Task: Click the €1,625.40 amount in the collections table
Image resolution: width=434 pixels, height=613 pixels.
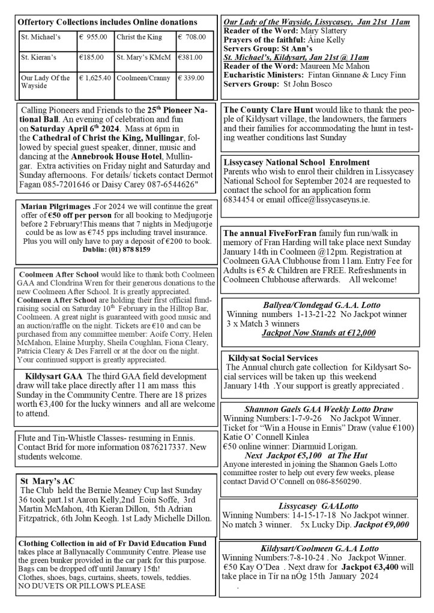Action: pos(95,78)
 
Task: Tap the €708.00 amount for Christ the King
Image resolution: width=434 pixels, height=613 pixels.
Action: pos(192,37)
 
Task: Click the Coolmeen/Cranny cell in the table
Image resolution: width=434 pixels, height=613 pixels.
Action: pos(140,78)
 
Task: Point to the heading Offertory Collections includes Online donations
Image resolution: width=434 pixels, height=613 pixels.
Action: pos(107,22)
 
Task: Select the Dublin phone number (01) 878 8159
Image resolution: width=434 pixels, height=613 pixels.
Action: pos(118,250)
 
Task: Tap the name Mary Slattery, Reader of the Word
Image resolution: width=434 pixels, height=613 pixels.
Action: pos(324,30)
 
